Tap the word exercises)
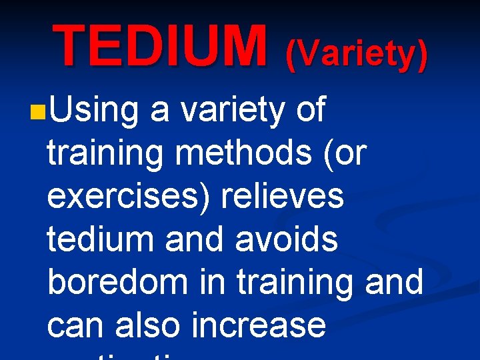[121, 197]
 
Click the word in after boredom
[213, 281]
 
